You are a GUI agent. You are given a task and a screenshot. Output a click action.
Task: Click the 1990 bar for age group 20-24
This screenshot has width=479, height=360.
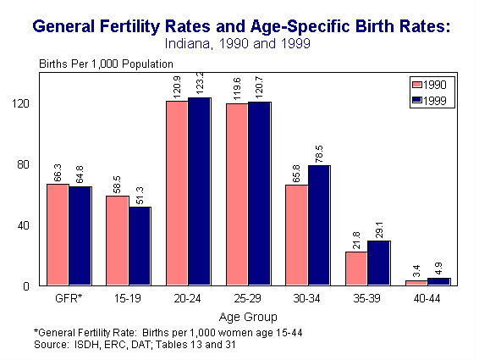click(177, 194)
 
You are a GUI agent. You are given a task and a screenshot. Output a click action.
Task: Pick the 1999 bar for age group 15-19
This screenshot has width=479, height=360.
click(140, 246)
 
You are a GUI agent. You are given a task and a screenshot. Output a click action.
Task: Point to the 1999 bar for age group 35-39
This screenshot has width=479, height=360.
click(378, 263)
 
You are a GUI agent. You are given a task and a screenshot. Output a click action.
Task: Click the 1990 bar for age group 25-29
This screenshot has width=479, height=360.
click(237, 195)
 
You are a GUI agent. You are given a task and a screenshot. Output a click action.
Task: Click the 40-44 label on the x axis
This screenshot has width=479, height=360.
click(427, 300)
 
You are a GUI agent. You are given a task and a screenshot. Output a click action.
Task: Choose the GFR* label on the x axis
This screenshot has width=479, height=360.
click(69, 300)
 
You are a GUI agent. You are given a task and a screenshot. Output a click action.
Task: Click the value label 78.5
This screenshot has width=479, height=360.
click(320, 152)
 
